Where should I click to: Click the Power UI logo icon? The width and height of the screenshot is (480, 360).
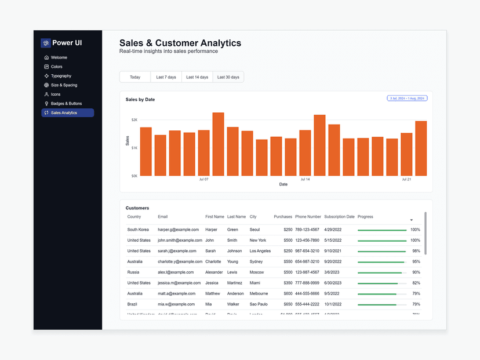click(x=46, y=43)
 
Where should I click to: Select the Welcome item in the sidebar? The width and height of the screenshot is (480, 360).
click(x=59, y=57)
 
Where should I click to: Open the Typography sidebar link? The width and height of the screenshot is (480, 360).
click(x=61, y=76)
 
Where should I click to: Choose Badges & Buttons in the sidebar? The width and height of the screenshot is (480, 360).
click(x=66, y=103)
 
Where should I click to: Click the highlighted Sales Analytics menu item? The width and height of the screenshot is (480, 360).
click(x=67, y=112)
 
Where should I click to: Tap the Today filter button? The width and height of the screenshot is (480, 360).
click(x=135, y=77)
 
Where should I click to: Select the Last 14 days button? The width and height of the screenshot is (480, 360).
click(x=197, y=77)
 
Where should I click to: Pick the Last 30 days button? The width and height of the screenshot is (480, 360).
click(x=228, y=77)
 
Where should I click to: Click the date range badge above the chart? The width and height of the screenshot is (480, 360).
click(x=407, y=99)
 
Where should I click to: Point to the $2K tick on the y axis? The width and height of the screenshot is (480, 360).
click(x=134, y=120)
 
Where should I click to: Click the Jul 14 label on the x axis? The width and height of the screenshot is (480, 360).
click(x=305, y=180)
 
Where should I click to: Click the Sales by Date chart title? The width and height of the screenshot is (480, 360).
click(x=140, y=100)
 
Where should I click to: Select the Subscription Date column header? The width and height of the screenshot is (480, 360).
click(x=339, y=217)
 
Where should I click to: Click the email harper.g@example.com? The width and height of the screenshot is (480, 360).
click(x=178, y=230)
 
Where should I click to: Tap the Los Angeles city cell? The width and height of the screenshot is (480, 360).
click(x=260, y=251)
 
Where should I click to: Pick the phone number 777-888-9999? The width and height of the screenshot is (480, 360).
click(x=307, y=283)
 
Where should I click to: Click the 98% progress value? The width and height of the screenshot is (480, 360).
click(x=416, y=251)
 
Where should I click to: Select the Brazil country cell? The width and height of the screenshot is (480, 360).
click(x=133, y=304)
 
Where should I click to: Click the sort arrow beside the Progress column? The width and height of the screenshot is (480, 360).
click(x=411, y=220)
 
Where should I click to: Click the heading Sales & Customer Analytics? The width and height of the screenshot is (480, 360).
click(x=180, y=43)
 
